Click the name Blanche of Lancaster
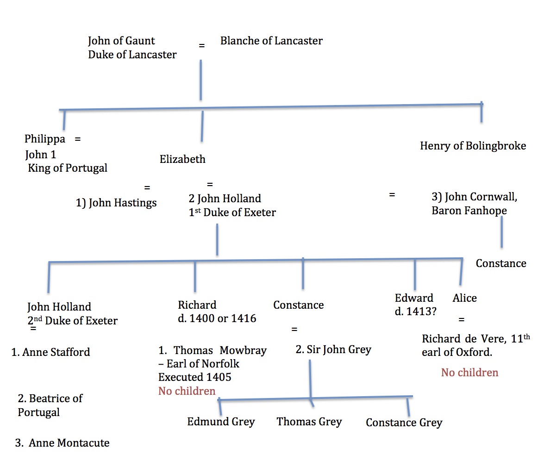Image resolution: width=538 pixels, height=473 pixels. [x=271, y=41]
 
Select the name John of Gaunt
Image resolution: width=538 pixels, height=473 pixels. [x=121, y=41]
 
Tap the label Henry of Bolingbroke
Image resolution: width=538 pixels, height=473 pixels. [x=473, y=146]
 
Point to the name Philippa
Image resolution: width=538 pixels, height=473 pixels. [x=45, y=139]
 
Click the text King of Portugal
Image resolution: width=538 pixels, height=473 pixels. [x=68, y=168]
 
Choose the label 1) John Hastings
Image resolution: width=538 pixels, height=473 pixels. [x=116, y=202]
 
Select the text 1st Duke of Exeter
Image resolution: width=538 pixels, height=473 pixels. [x=232, y=213]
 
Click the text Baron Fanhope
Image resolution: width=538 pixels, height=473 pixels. [x=469, y=211]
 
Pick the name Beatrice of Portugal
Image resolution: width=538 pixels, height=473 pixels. [x=50, y=405]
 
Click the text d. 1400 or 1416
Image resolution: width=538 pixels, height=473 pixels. [x=217, y=318]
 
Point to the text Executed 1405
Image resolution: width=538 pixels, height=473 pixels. [x=194, y=377]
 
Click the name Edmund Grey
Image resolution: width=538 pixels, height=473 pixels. [x=221, y=422]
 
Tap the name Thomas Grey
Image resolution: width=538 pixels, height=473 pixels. [x=309, y=422]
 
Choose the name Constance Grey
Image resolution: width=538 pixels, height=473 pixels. [x=404, y=423]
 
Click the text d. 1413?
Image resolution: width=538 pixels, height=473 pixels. [x=416, y=311]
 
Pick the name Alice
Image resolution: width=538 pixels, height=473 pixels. [x=464, y=298]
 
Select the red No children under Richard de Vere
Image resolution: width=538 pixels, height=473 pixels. [x=469, y=373]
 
